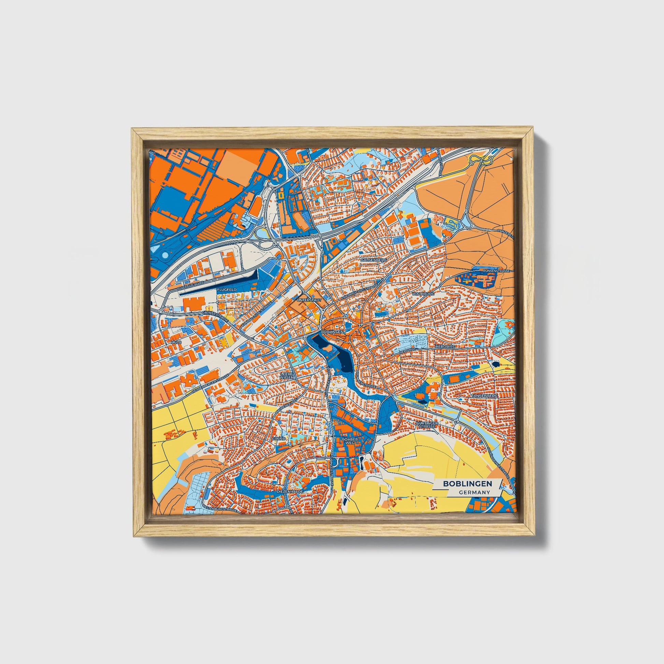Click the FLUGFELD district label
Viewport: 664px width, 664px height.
(x=227, y=290)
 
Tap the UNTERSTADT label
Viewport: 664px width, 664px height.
(x=309, y=300)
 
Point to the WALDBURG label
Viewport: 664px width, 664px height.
(x=423, y=294)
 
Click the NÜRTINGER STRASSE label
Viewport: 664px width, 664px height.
(x=427, y=425)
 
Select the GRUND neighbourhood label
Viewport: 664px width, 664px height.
(x=279, y=439)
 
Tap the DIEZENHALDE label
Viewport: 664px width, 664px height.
(x=290, y=492)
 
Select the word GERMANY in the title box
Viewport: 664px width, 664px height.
(x=474, y=492)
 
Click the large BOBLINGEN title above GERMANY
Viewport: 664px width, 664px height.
(x=467, y=483)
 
